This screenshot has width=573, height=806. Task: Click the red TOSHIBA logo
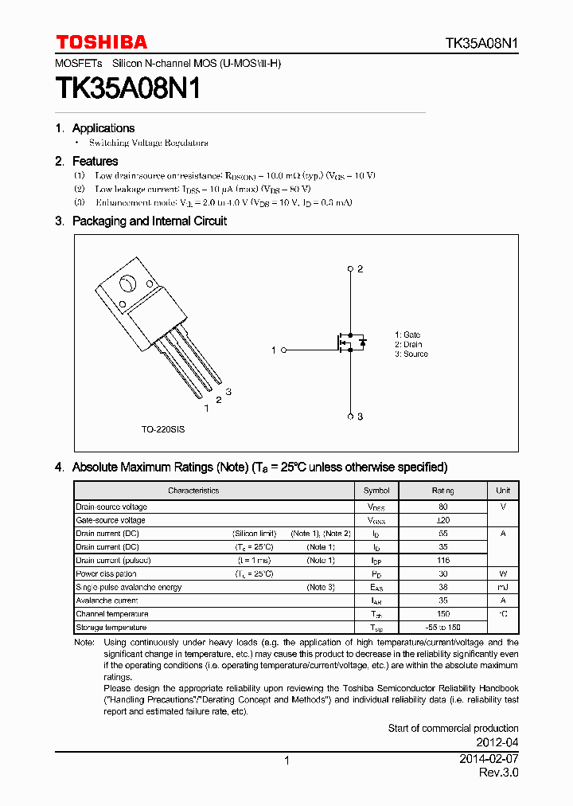(101, 42)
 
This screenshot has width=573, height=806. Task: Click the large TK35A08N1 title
(127, 88)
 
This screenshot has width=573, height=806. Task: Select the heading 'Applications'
(103, 128)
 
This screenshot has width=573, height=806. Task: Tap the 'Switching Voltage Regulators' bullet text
(148, 143)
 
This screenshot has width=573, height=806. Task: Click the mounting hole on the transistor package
(127, 284)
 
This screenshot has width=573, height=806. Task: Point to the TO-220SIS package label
(163, 429)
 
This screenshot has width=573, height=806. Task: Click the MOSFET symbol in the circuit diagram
(348, 342)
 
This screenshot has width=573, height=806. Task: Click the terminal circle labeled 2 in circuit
(350, 269)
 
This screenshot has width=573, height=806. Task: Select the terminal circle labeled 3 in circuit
(350, 416)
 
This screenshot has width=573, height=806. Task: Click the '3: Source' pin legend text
(411, 354)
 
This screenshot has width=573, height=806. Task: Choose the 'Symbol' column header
(376, 491)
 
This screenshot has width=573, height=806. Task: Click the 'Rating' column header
(442, 491)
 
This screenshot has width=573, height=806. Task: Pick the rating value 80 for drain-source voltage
(442, 507)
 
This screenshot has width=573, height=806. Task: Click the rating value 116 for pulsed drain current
(442, 561)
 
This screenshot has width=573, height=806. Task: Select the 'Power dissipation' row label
(106, 573)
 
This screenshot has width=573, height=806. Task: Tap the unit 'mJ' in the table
(503, 587)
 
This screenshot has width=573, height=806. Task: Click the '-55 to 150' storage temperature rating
(442, 628)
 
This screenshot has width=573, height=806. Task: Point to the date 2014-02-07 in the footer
(489, 760)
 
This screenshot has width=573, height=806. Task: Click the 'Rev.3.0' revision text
(498, 773)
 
